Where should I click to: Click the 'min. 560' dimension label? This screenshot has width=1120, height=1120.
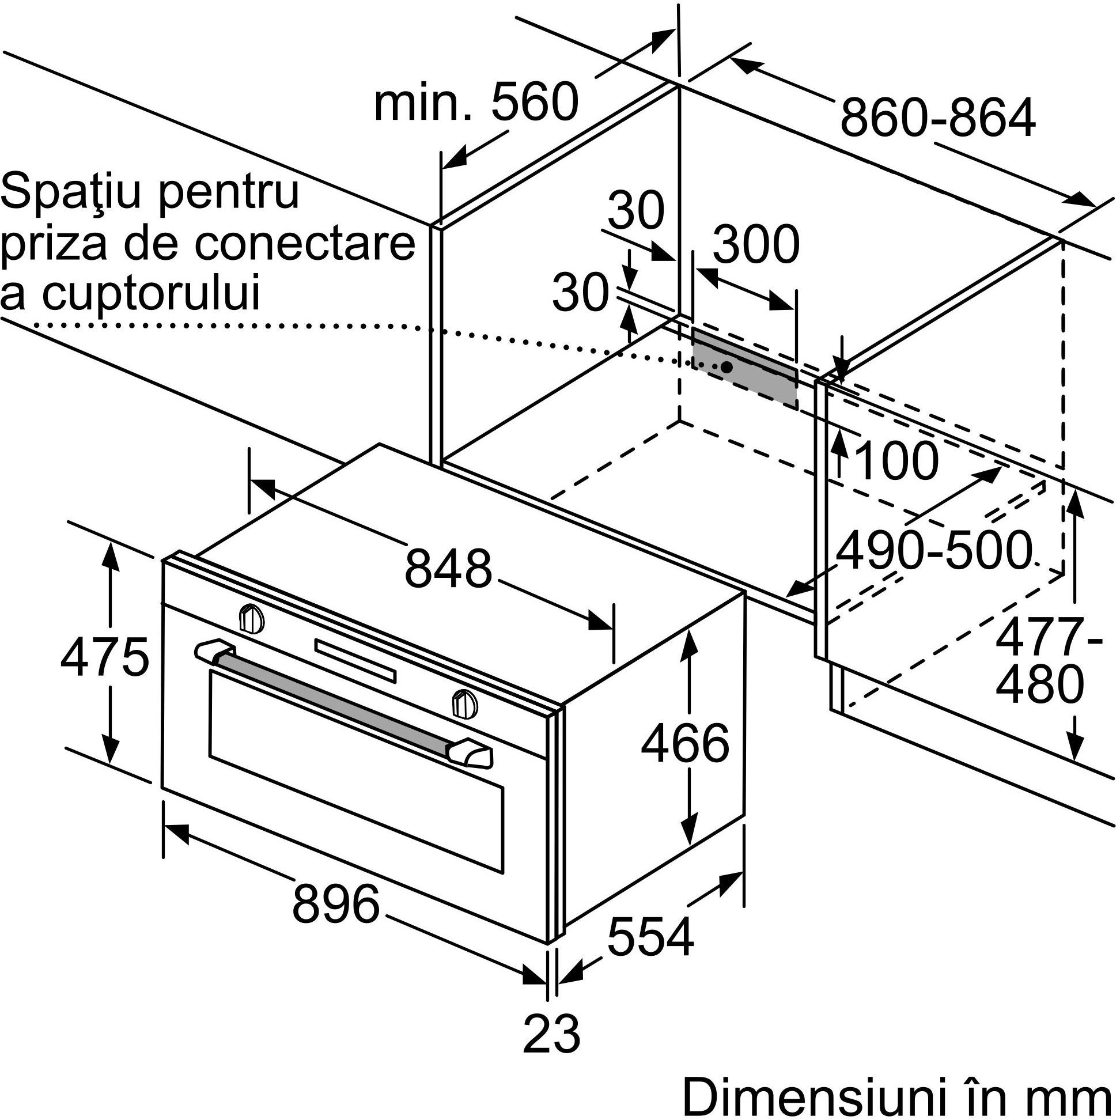(476, 102)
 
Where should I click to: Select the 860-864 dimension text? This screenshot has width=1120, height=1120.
(937, 118)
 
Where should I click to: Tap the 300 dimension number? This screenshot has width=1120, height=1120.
(755, 245)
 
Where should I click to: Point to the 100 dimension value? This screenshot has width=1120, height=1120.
(895, 461)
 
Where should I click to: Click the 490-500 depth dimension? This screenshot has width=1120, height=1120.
(932, 551)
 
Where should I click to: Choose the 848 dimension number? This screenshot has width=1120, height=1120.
(448, 569)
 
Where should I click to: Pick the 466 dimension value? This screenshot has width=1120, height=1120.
(684, 744)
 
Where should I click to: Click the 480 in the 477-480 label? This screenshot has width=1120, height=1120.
(1039, 685)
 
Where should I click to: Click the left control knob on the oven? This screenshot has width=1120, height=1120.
(252, 618)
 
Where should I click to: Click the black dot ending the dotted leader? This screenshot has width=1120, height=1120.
(726, 367)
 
